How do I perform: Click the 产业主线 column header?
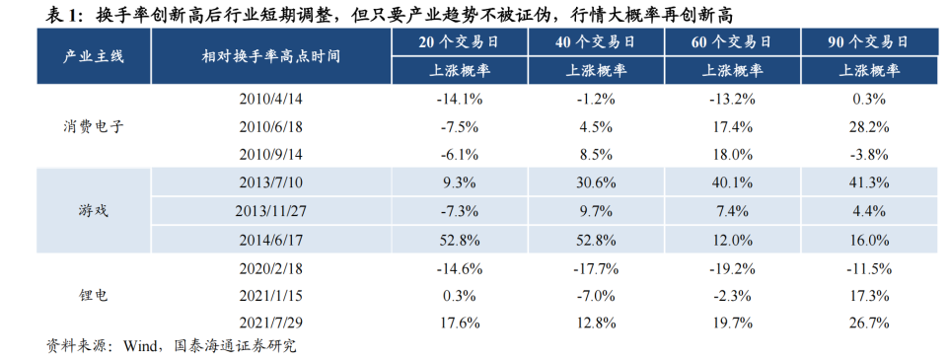95,56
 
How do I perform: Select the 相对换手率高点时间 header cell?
270,56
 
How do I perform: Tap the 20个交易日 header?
459,43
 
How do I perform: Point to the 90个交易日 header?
868,43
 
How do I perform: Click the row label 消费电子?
95,126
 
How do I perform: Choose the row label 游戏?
95,210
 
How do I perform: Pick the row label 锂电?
95,294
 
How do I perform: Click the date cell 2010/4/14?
270,99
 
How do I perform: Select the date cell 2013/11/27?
270,210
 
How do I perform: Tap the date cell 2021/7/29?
270,322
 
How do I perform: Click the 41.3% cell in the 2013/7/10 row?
868,182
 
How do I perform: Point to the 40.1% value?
732,182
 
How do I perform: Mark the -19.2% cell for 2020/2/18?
732,266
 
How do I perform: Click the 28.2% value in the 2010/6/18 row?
868,126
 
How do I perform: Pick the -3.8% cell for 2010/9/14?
868,155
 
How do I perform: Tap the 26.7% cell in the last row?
868,322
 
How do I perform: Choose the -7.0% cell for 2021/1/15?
595,294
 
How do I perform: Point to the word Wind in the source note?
142,346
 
